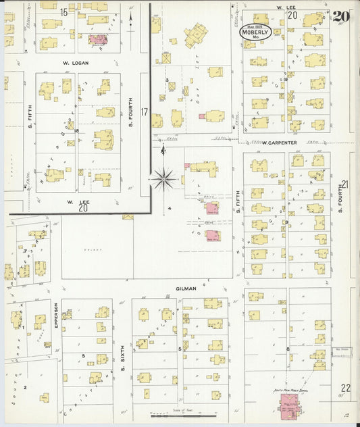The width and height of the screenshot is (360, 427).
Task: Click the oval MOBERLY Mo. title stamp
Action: [256, 31]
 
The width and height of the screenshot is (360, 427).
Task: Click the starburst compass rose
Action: [163, 179]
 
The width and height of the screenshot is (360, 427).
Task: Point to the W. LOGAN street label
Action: [76, 64]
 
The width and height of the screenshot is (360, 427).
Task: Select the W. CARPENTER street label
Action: [280, 143]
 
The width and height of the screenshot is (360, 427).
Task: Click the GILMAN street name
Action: [186, 288]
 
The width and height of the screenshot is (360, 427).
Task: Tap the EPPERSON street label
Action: [56, 316]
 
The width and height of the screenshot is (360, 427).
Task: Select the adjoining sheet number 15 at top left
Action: [63, 12]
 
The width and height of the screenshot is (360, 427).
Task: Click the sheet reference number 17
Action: [143, 111]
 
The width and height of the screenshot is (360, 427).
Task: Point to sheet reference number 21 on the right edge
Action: [345, 184]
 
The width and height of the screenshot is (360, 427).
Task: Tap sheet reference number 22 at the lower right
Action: [345, 387]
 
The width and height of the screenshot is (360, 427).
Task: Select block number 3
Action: [166, 80]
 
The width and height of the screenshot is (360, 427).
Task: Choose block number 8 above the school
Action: [288, 349]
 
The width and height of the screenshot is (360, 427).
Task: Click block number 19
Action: [286, 80]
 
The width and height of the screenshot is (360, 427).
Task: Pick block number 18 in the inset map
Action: [77, 130]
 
